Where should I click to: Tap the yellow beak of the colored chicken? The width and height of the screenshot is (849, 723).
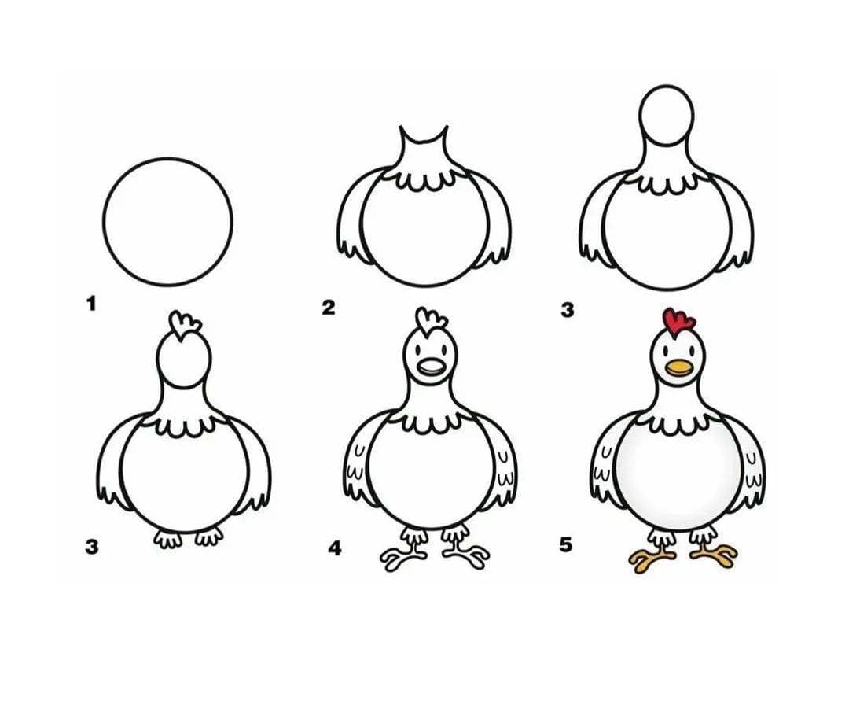pyautogui.click(x=679, y=368)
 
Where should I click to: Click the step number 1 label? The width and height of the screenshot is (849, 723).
pyautogui.click(x=91, y=304)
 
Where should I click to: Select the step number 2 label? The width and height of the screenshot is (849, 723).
pyautogui.click(x=328, y=308)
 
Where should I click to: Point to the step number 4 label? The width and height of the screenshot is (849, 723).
pyautogui.click(x=335, y=548)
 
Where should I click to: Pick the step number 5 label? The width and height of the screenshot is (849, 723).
pyautogui.click(x=565, y=544)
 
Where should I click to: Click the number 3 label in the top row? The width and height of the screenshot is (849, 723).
pyautogui.click(x=567, y=311)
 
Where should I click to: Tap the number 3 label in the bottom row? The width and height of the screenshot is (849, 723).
pyautogui.click(x=91, y=548)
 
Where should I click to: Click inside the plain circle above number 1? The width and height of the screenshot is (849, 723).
pyautogui.click(x=168, y=222)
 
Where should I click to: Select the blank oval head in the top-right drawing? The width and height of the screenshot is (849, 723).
pyautogui.click(x=666, y=115)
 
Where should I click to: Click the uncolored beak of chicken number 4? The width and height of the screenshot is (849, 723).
pyautogui.click(x=431, y=368)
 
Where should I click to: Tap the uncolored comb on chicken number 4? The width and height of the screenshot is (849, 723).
pyautogui.click(x=431, y=322)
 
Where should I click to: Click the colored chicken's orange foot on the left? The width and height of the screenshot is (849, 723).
pyautogui.click(x=652, y=559)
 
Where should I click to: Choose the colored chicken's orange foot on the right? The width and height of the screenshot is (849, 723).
pyautogui.click(x=714, y=557)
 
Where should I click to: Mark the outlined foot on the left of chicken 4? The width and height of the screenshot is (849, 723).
pyautogui.click(x=404, y=559)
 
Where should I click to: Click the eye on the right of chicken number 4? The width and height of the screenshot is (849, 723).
pyautogui.click(x=444, y=349)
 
